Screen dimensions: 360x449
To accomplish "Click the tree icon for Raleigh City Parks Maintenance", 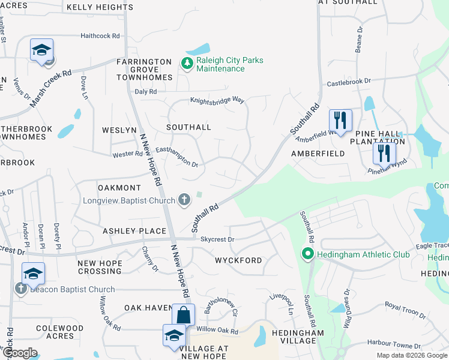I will click(x=186, y=63).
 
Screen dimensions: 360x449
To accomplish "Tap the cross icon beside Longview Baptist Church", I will click(x=184, y=199).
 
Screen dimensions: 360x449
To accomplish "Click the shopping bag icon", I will click(x=183, y=314).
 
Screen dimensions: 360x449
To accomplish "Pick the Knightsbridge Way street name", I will click(x=217, y=100).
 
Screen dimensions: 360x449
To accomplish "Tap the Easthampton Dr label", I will click(x=176, y=157).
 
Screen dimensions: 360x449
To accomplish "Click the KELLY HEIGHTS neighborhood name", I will click(x=100, y=7).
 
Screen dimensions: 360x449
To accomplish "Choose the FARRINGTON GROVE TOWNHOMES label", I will click(x=144, y=70).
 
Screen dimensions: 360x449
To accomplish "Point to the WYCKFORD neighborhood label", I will click(x=238, y=260).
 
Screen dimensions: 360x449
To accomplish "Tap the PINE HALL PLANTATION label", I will click(x=380, y=137).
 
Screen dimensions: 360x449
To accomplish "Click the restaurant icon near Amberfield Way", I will click(x=340, y=120).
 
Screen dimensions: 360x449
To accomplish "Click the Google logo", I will click(x=20, y=353).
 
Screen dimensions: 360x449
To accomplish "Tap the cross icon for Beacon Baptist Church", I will click(x=20, y=289).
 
